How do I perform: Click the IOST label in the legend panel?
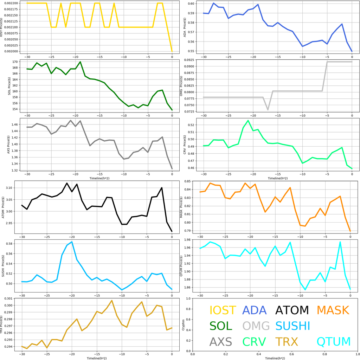[x=223, y=310]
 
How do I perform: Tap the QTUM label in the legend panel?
[x=334, y=342]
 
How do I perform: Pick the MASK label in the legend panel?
[x=333, y=310]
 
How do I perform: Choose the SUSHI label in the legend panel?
[x=292, y=326]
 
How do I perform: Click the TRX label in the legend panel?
[x=287, y=342]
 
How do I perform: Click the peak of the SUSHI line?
[x=72, y=242]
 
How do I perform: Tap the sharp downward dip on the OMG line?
[x=268, y=110]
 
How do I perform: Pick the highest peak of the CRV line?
[x=248, y=121]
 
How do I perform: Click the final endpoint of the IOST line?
[x=172, y=51]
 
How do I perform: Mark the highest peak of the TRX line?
[x=112, y=301]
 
